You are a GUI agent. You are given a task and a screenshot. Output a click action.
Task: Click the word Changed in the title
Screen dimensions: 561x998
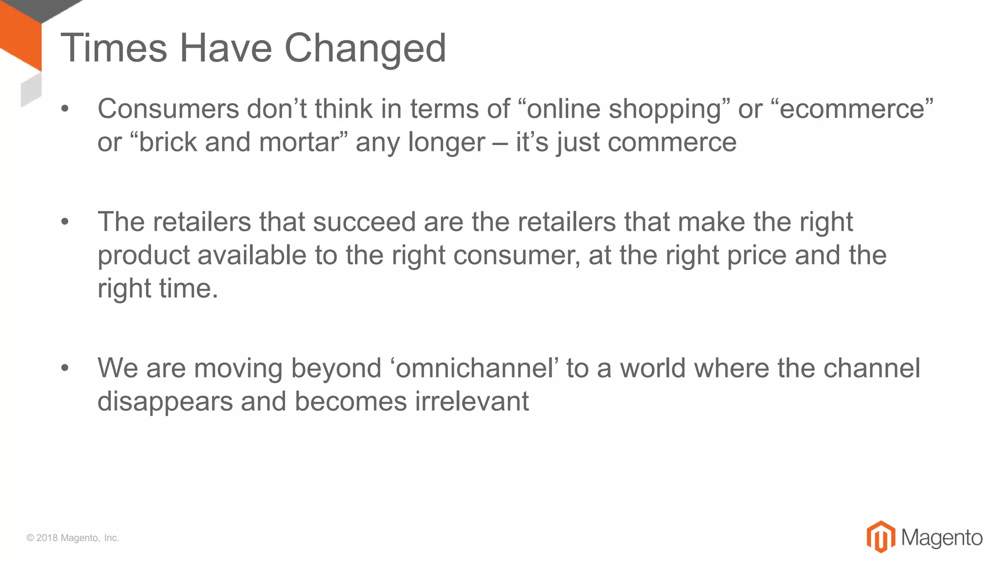coord(365,48)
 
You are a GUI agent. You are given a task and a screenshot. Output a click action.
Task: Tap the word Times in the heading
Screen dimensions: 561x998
coord(114,48)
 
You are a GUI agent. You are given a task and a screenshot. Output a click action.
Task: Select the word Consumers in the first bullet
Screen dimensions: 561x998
coord(168,109)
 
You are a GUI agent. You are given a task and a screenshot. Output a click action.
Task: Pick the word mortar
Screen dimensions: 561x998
coord(298,143)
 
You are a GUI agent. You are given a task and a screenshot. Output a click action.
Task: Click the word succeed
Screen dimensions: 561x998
coord(364,222)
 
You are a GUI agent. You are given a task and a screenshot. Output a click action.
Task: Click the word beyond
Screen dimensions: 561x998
coord(336,369)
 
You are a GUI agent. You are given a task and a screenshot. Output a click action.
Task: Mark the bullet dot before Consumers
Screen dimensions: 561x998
coord(65,109)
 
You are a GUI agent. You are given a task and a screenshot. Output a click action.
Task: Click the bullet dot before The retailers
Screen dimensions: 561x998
coord(65,223)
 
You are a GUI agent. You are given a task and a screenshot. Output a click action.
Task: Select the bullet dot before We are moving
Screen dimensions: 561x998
coord(65,369)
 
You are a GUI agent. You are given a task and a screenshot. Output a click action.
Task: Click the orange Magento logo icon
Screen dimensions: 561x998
coord(881,537)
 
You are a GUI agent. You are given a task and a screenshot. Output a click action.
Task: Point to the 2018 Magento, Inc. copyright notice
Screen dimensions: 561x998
coord(73,538)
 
